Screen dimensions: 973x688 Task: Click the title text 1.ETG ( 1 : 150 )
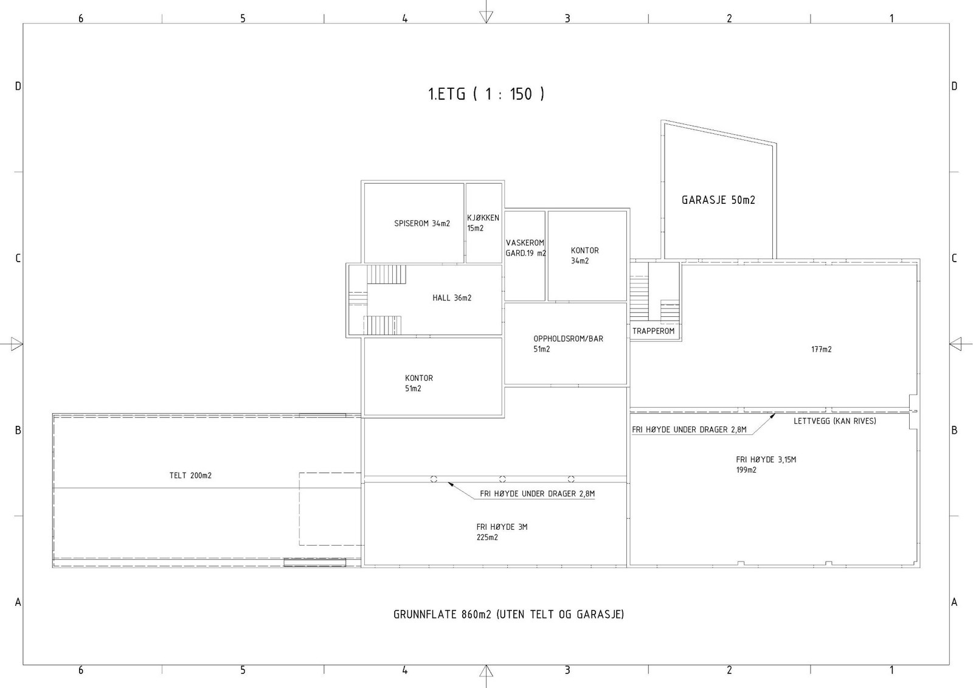(x=486, y=94)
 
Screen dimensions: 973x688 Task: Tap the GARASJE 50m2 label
(x=718, y=200)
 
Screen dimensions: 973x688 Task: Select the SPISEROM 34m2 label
(x=422, y=223)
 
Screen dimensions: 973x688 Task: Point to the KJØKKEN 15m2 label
(x=483, y=223)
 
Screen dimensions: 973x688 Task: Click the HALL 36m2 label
(x=452, y=297)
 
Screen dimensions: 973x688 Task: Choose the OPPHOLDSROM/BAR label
(x=568, y=339)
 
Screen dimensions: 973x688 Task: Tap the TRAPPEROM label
(x=653, y=331)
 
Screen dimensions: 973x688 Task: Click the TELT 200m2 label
(x=190, y=476)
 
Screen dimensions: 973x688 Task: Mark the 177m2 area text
(x=822, y=349)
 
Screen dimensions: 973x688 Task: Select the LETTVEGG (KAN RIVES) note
(x=834, y=421)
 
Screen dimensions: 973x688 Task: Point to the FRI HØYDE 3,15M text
(x=766, y=459)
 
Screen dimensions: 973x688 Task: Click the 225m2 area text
(x=487, y=537)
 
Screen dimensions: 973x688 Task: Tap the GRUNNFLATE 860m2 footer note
(x=508, y=614)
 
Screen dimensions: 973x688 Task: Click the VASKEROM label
(x=525, y=243)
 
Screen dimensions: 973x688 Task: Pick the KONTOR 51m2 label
(x=419, y=383)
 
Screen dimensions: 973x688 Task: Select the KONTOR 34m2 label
(x=584, y=255)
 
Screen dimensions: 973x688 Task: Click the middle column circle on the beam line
(x=502, y=479)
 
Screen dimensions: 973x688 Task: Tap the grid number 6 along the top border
(x=81, y=18)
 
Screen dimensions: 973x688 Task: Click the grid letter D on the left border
(x=18, y=86)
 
